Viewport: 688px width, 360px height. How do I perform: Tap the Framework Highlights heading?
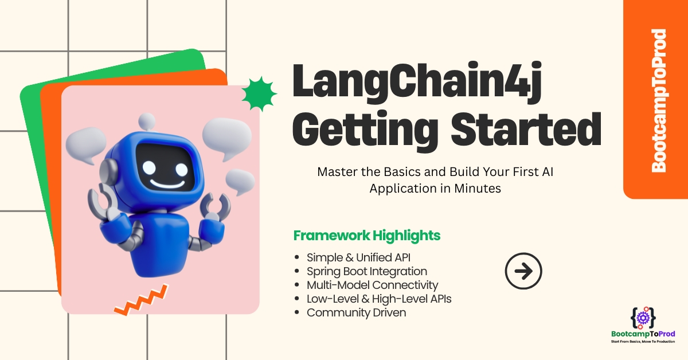click(x=367, y=236)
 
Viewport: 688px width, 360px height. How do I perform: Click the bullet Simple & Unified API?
click(x=358, y=257)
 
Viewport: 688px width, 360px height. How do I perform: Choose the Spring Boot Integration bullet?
click(x=367, y=271)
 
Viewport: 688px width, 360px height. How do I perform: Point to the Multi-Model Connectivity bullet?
click(x=372, y=285)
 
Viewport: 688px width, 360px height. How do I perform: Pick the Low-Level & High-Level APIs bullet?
click(x=379, y=299)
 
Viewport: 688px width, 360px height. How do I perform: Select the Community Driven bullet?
click(x=356, y=312)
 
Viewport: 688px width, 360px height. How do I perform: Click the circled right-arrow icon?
click(x=523, y=271)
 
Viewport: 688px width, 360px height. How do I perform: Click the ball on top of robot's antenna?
click(x=147, y=120)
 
